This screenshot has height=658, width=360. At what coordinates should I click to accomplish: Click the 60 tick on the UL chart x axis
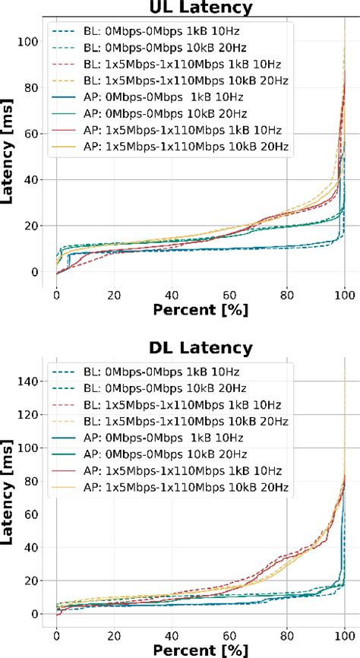[x=229, y=293]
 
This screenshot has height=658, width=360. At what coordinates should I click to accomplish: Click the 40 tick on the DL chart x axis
[x=172, y=633]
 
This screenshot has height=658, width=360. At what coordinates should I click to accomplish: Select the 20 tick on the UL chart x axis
[x=114, y=293]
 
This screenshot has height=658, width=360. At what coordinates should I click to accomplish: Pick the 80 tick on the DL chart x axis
[x=287, y=633]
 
